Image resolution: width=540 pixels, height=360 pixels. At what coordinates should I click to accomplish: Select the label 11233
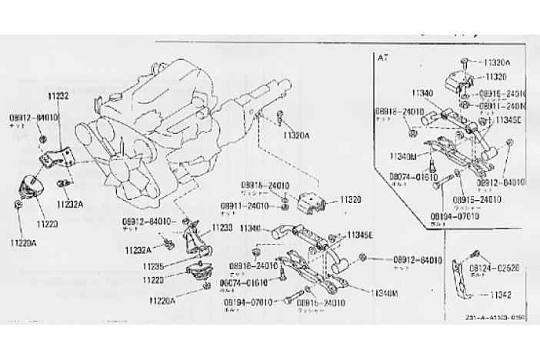coord(222,228)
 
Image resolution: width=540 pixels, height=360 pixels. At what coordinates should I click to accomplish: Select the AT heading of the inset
coord(384,57)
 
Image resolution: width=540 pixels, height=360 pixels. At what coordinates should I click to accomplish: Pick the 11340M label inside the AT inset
coord(403,155)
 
